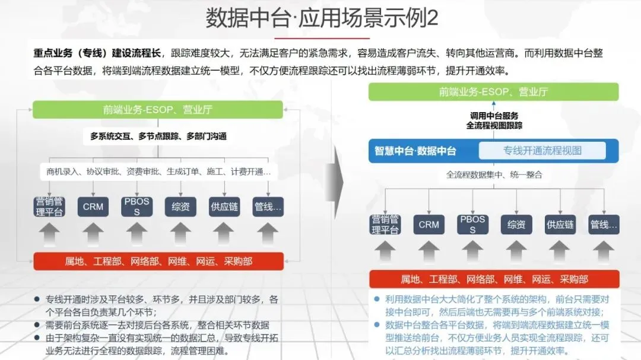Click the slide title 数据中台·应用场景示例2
(x=322, y=18)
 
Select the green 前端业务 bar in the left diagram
(x=158, y=110)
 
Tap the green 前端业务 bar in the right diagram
(x=493, y=91)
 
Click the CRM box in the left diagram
(x=93, y=206)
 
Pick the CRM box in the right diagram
(x=429, y=224)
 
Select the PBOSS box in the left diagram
(x=137, y=206)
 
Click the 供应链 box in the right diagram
(x=560, y=224)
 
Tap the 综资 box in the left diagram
(x=180, y=206)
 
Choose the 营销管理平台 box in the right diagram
(x=385, y=224)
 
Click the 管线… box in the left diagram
(x=268, y=206)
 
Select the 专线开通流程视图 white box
(x=542, y=151)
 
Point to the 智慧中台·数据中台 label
(x=415, y=151)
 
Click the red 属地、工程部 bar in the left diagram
(x=158, y=261)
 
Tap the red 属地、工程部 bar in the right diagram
(x=494, y=279)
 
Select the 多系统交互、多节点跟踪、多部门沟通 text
(x=158, y=136)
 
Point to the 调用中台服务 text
(x=494, y=115)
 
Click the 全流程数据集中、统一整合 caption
(x=494, y=175)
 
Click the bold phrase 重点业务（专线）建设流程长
(x=98, y=53)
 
